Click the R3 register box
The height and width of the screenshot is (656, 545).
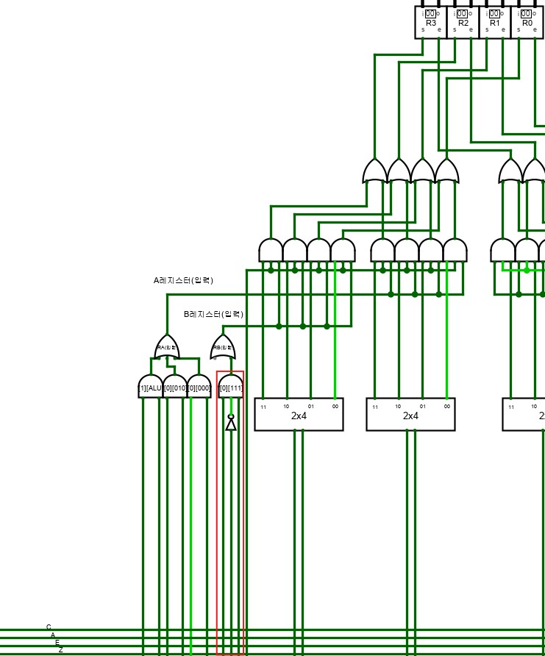pos(430,21)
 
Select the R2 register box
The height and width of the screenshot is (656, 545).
pos(463,21)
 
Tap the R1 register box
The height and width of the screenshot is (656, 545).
pos(494,21)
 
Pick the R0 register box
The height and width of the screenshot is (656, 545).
pos(527,21)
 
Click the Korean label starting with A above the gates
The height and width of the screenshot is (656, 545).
pos(183,280)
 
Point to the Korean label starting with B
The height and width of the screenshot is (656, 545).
pos(213,314)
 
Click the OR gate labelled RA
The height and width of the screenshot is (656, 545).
pos(167,346)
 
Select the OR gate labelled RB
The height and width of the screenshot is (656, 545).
pos(223,347)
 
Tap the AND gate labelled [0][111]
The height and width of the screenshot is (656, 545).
pos(231,387)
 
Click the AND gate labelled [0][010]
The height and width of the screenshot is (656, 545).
pos(174,387)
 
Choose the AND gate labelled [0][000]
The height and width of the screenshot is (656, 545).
pos(199,387)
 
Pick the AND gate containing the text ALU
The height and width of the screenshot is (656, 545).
pos(150,387)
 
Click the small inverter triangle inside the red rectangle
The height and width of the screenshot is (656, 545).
pos(231,424)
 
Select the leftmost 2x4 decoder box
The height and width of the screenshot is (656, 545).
pos(299,414)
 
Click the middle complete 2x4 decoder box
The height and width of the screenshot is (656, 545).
pos(410,414)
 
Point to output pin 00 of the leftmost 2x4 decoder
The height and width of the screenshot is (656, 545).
pos(335,406)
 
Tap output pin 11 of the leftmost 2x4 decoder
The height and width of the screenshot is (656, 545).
pos(263,407)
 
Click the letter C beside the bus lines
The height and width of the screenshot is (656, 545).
pos(49,627)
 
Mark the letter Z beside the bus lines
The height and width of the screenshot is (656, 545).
pos(61,650)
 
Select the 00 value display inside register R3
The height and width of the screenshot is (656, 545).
pos(430,13)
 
